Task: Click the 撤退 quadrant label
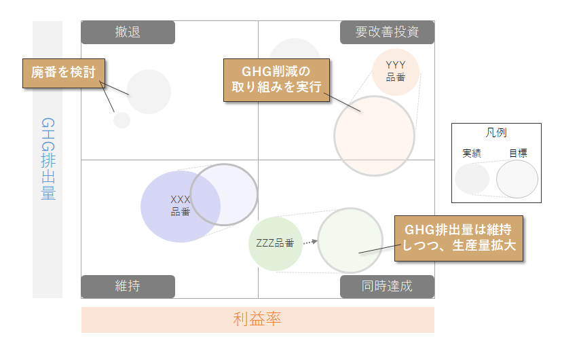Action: pyautogui.click(x=128, y=33)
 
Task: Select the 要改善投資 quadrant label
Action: pyautogui.click(x=387, y=33)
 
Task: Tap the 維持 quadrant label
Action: pyautogui.click(x=128, y=287)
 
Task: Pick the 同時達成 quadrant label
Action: pyautogui.click(x=387, y=287)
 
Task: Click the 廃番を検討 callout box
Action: pyautogui.click(x=64, y=73)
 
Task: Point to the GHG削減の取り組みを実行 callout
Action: pyautogui.click(x=276, y=80)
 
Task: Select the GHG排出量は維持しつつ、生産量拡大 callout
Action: pyautogui.click(x=459, y=238)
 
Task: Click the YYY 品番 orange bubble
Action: pyautogui.click(x=396, y=72)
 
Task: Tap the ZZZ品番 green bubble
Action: pyautogui.click(x=276, y=244)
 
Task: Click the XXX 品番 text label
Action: pyautogui.click(x=181, y=206)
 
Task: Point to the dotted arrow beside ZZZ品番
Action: pyautogui.click(x=310, y=242)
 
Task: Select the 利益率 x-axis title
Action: pyautogui.click(x=257, y=319)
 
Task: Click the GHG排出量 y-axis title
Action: pyautogui.click(x=48, y=159)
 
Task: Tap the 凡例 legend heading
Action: pyautogui.click(x=496, y=132)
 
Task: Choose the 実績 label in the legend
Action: pyautogui.click(x=472, y=154)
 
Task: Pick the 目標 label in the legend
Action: pyautogui.click(x=519, y=154)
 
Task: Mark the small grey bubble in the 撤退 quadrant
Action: pyautogui.click(x=122, y=120)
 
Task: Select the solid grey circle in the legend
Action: pyautogui.click(x=472, y=179)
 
